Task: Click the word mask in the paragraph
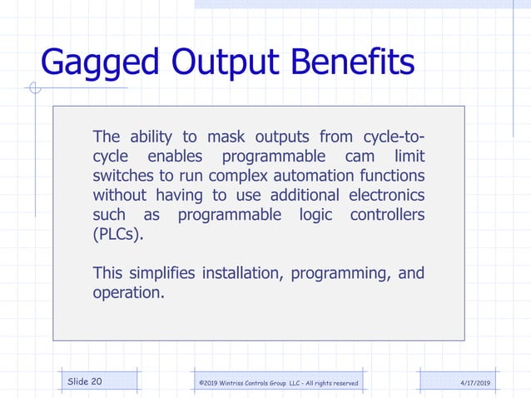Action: (226, 137)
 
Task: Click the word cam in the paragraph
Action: (355, 157)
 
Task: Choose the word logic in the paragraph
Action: (316, 215)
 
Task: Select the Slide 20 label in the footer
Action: (85, 381)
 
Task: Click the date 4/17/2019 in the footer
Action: (475, 382)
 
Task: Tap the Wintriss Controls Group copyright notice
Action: (278, 382)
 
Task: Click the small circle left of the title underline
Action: (33, 87)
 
